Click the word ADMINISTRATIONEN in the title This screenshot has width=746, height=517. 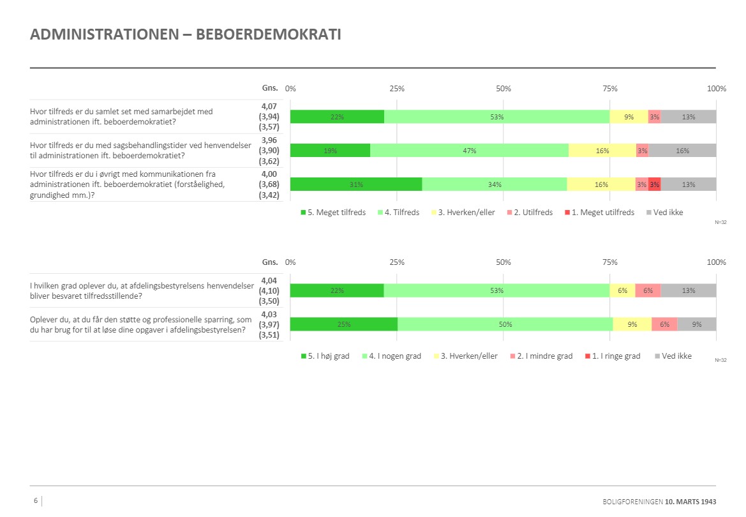click(x=103, y=34)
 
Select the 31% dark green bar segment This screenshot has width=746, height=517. click(x=356, y=184)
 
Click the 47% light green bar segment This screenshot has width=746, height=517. click(x=469, y=151)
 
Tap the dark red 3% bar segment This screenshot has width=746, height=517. click(x=654, y=184)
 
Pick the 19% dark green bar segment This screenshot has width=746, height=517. click(x=330, y=151)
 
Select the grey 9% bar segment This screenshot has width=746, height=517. click(x=696, y=324)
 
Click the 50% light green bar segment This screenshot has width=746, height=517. click(x=505, y=324)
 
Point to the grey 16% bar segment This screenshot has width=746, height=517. click(x=682, y=151)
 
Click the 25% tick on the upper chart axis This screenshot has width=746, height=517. click(x=397, y=89)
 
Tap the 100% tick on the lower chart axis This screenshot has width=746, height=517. click(x=717, y=262)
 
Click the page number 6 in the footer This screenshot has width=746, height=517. click(x=36, y=501)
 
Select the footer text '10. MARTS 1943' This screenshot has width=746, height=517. click(x=690, y=502)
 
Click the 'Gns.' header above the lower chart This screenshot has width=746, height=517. click(x=270, y=262)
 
